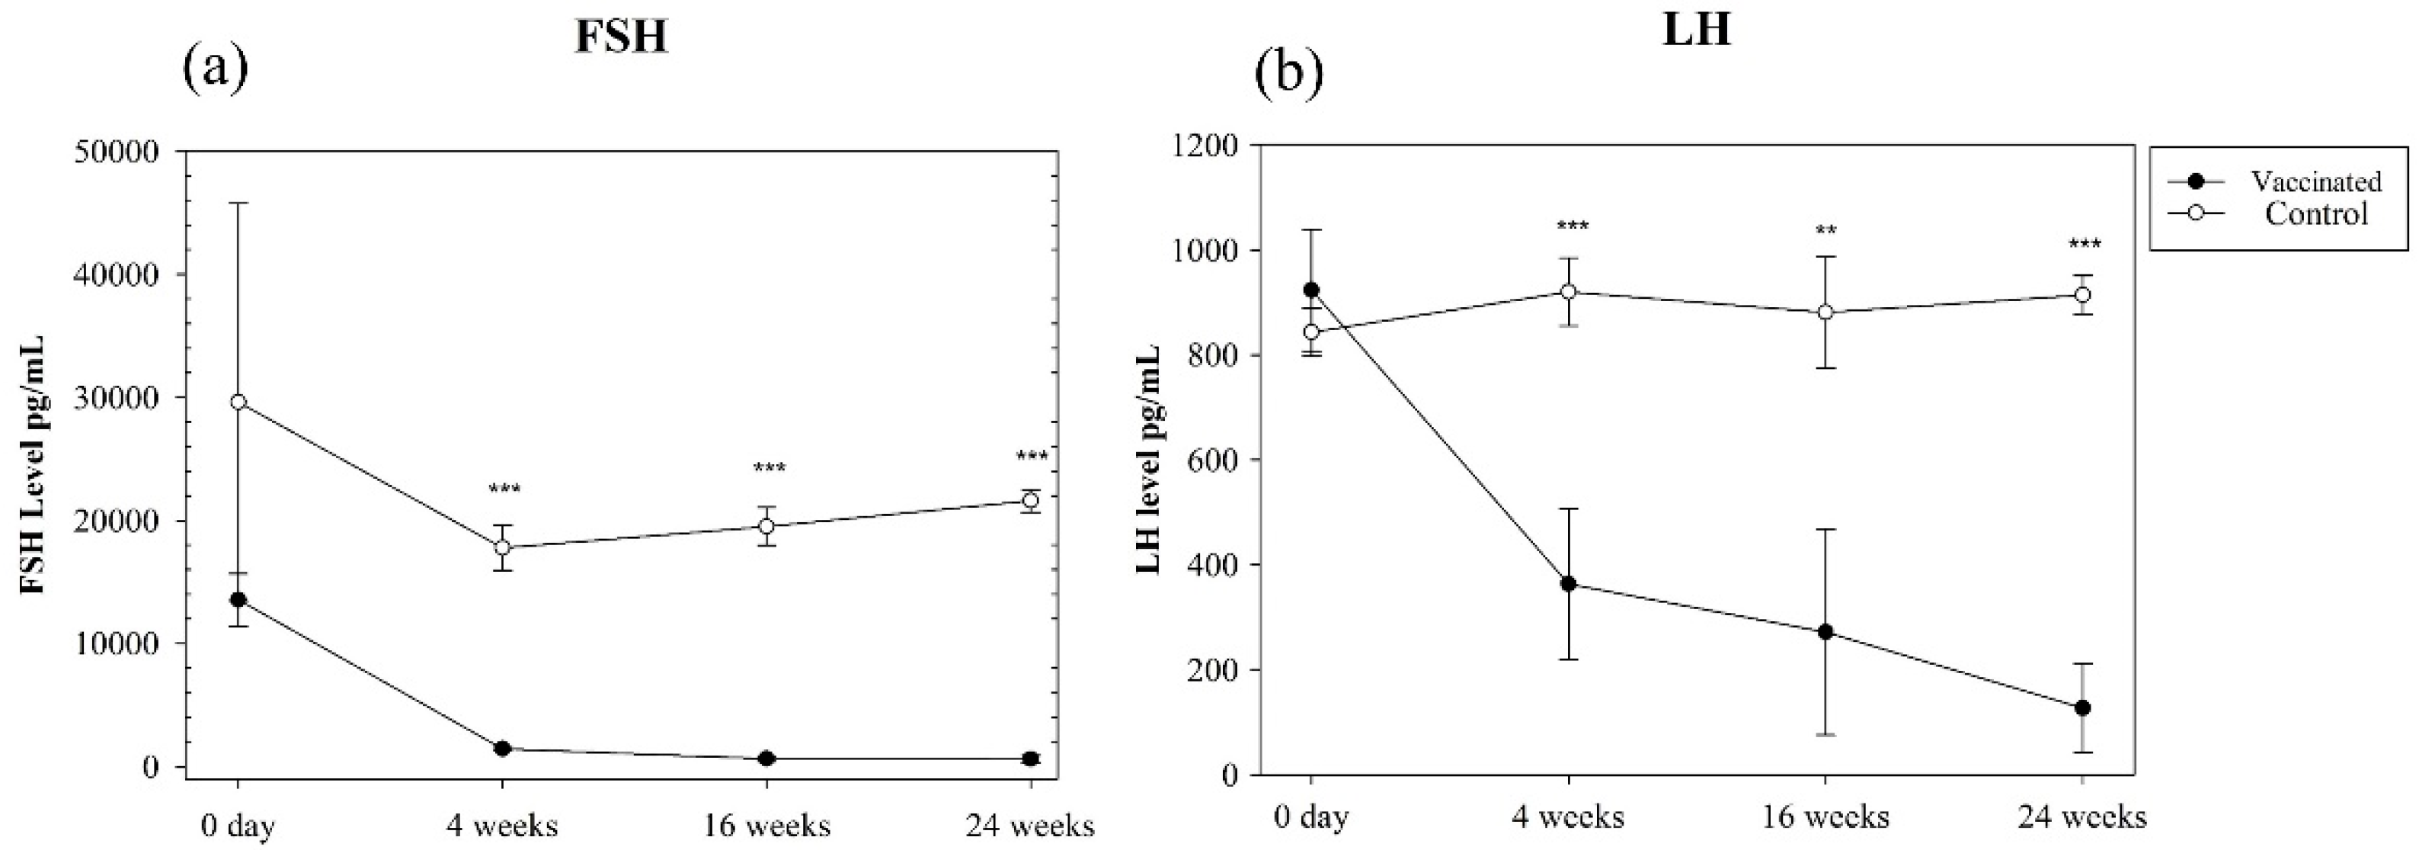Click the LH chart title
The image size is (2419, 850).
tap(1695, 30)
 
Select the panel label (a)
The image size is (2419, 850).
tap(216, 70)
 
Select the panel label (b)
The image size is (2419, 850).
tap(1289, 73)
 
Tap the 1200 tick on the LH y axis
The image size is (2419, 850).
tap(1202, 146)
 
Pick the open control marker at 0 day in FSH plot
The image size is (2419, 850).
tap(238, 402)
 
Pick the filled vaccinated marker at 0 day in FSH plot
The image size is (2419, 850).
tap(238, 599)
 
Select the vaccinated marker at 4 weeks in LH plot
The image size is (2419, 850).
tap(1568, 584)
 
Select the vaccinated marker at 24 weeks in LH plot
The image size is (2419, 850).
tap(2082, 708)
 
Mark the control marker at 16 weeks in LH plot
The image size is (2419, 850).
tap(1825, 312)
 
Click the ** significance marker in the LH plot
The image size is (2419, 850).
tap(1825, 231)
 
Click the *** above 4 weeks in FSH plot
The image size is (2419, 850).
tap(504, 489)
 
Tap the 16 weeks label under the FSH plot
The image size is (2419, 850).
tap(766, 826)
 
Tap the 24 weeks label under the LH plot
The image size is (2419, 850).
tap(2082, 817)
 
